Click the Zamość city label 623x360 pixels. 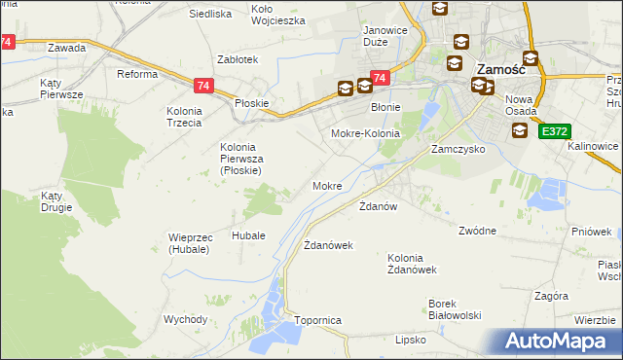(x=500, y=68)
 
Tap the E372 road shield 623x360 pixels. (x=555, y=130)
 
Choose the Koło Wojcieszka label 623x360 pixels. (x=278, y=14)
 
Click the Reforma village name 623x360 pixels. (x=137, y=74)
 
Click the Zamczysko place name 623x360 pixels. (x=458, y=151)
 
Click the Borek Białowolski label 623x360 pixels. (x=456, y=308)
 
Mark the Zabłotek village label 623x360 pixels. (x=238, y=59)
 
